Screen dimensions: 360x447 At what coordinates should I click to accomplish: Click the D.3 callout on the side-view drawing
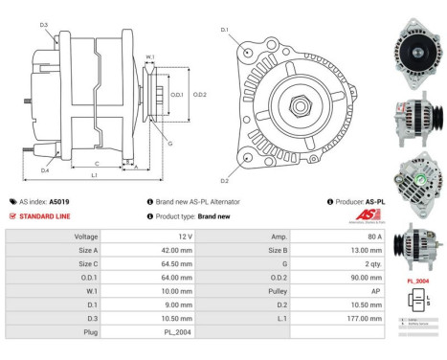click(x=44, y=25)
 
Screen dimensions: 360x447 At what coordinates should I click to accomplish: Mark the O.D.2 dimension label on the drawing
click(x=201, y=95)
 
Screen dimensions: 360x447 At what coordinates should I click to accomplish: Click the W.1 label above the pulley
click(x=150, y=57)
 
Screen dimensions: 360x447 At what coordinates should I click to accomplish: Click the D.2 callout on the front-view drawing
click(x=225, y=180)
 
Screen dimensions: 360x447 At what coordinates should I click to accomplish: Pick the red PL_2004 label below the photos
click(x=417, y=281)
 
